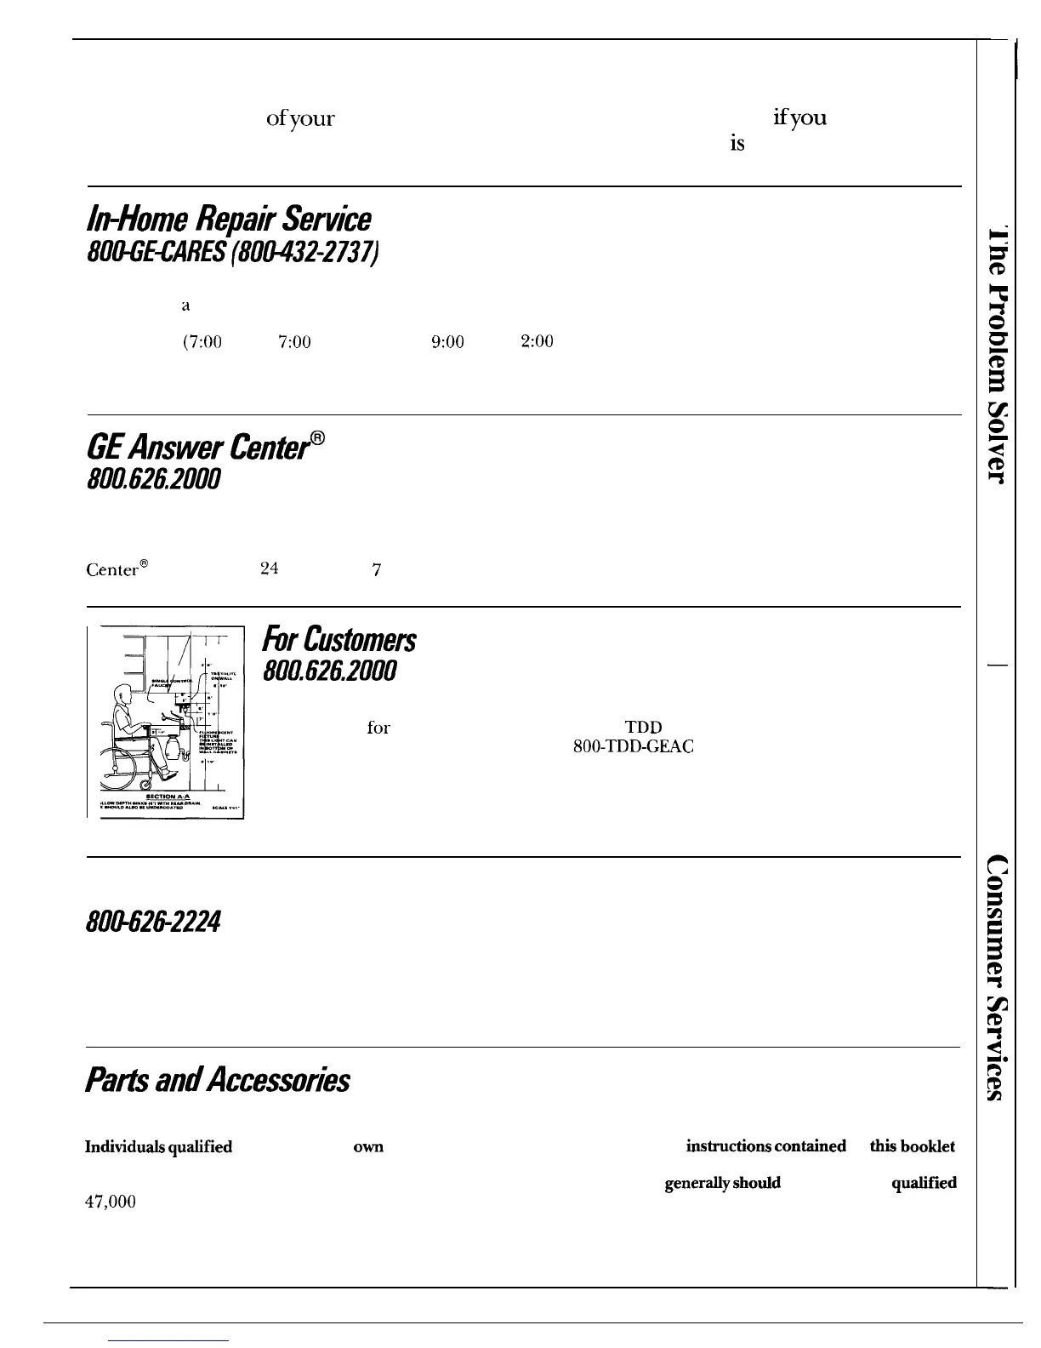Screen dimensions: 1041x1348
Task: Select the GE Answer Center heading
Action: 206,448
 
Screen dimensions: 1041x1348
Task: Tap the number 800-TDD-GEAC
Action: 634,747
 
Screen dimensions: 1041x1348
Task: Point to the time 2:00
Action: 537,341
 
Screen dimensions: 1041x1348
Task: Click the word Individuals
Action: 119,1147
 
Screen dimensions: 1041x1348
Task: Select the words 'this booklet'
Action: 912,1146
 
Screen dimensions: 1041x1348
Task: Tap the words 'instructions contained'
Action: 765,1146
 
